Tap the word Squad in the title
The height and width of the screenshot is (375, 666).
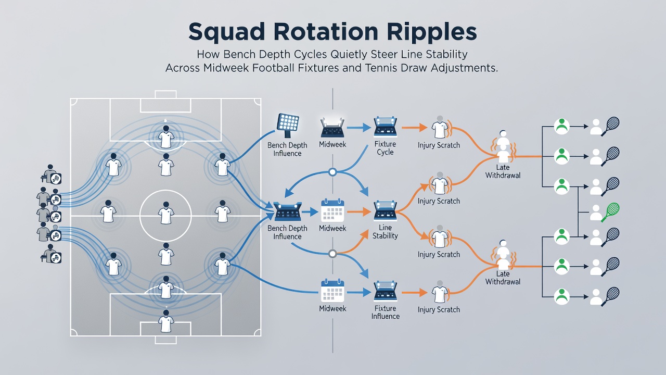(x=226, y=32)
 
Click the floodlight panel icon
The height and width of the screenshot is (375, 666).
(x=288, y=125)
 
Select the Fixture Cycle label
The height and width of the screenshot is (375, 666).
(x=385, y=148)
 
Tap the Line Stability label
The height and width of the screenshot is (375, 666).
(x=385, y=232)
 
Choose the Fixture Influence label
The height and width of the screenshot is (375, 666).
(x=385, y=312)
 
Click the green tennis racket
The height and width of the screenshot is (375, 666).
(x=610, y=212)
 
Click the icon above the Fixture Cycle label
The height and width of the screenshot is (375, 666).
(x=386, y=127)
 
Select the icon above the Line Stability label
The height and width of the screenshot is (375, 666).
(x=386, y=211)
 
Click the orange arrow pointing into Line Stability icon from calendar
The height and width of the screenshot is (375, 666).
(x=359, y=212)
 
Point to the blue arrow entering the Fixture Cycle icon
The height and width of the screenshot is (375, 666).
(x=359, y=128)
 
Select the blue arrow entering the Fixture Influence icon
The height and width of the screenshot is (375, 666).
(x=359, y=293)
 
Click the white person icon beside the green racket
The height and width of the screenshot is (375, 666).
(x=596, y=213)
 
